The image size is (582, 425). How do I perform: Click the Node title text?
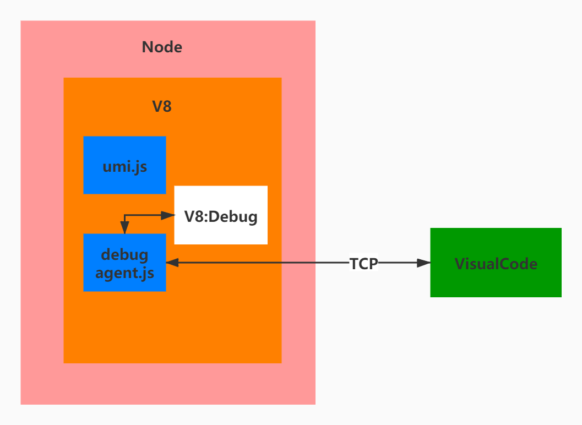(162, 47)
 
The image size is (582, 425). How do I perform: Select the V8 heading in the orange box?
(162, 106)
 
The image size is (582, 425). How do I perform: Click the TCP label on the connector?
(364, 264)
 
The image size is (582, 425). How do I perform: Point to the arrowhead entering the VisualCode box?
(423, 263)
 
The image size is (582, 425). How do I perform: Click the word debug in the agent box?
(124, 255)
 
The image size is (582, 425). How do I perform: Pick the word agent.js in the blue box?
(124, 273)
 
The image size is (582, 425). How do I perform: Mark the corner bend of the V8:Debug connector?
(125, 216)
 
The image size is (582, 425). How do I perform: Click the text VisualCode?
(496, 264)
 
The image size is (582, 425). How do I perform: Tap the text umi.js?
(124, 166)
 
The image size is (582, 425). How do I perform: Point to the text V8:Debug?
(221, 216)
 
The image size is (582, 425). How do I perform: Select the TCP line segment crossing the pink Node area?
(298, 263)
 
